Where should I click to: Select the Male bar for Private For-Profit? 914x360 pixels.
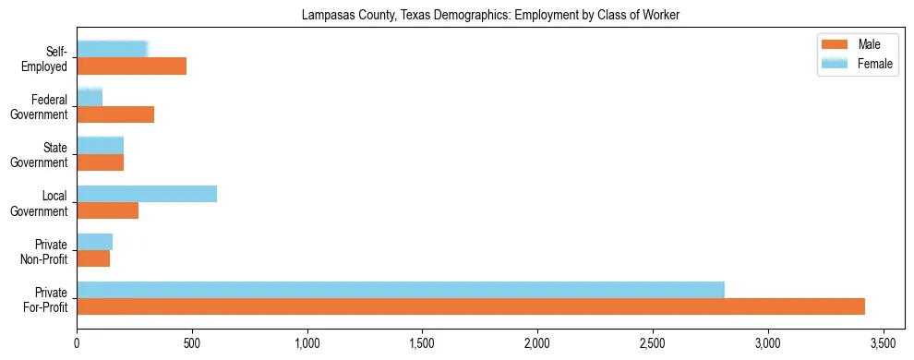[471, 306]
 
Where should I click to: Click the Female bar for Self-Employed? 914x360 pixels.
[113, 50]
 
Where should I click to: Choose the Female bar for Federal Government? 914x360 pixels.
[90, 98]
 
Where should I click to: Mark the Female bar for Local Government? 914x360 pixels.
[147, 194]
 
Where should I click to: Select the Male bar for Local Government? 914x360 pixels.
[108, 210]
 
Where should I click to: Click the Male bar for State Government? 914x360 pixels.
[101, 162]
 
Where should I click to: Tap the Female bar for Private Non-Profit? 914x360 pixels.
[95, 242]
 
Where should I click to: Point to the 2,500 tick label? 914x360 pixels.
[653, 344]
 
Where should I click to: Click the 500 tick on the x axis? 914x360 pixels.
[192, 344]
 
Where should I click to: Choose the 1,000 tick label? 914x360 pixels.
[307, 344]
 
